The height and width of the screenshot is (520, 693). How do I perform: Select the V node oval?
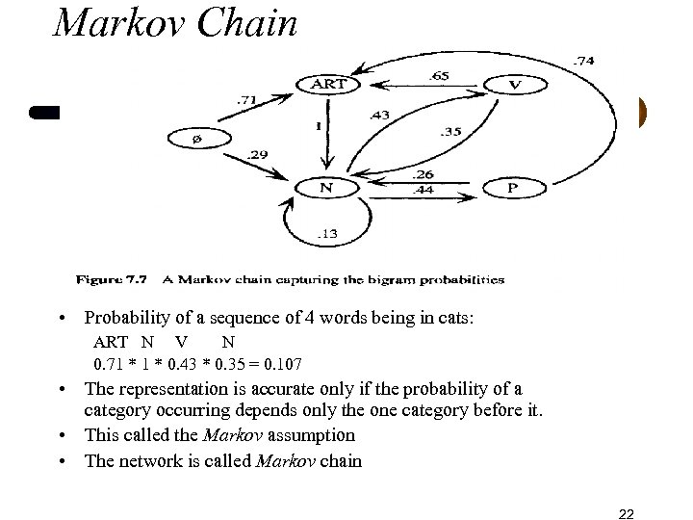coord(515,85)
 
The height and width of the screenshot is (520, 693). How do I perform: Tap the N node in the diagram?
coord(327,188)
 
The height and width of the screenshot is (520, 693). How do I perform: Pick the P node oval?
coord(514,189)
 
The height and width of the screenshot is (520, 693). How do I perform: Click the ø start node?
coord(198,139)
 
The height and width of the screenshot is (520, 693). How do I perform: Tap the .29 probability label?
coord(257,154)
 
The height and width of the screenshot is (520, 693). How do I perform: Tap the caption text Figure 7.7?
coord(107,280)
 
